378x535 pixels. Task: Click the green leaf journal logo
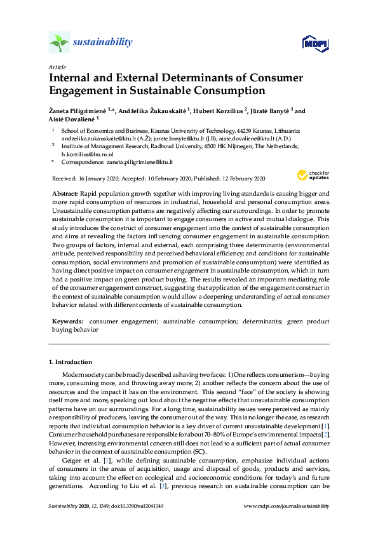(x=58, y=43)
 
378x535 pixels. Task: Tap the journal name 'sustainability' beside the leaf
(x=102, y=43)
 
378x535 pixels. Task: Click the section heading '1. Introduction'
(x=71, y=362)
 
